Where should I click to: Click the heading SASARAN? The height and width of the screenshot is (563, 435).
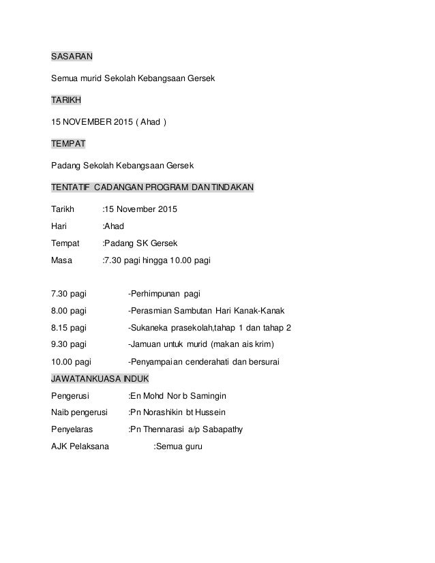tap(72, 57)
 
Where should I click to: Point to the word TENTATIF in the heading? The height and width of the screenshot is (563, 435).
tap(70, 189)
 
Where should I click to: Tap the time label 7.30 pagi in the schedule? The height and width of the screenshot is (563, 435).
tap(69, 294)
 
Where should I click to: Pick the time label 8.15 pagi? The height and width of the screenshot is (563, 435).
tap(69, 328)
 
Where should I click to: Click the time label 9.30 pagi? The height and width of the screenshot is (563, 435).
tap(69, 345)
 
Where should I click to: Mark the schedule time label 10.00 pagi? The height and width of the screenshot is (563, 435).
tap(72, 362)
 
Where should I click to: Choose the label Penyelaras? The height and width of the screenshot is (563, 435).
tap(73, 429)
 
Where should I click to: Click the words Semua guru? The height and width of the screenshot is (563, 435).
tap(180, 446)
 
